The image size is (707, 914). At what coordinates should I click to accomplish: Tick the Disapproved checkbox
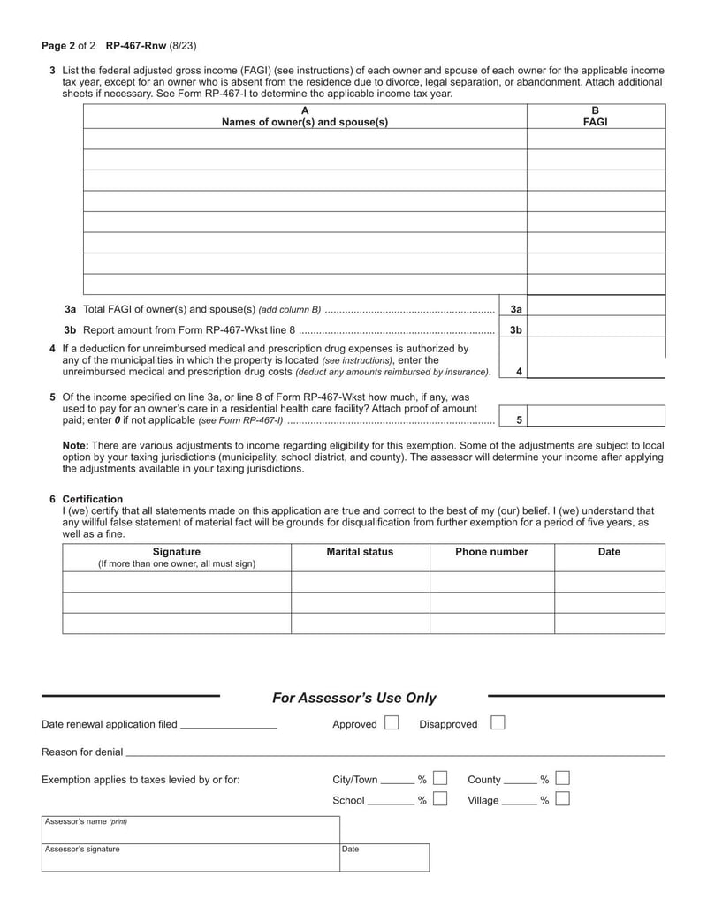coord(498,723)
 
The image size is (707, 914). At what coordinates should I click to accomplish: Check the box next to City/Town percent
coord(440,779)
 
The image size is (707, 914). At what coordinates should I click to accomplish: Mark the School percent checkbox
coord(440,800)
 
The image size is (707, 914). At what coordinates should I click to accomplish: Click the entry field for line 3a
coord(596,309)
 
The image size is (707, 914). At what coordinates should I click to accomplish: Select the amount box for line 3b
coord(596,329)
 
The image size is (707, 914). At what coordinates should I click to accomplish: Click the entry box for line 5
coord(596,417)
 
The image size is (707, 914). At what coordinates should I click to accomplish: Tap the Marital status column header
coord(360,552)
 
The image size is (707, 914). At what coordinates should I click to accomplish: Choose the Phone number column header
coord(491,552)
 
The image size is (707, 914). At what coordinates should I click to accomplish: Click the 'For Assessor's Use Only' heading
coord(353,698)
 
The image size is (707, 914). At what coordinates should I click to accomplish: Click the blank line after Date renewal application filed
coord(228,725)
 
